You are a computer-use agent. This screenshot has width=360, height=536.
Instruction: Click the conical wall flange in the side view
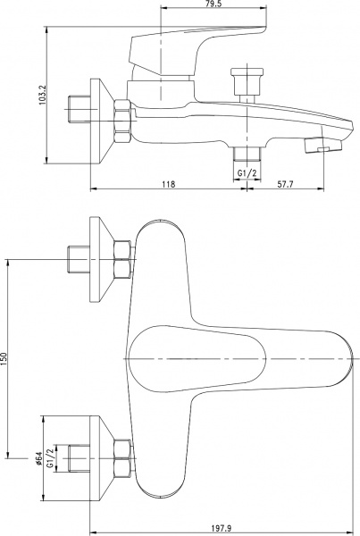click(x=100, y=116)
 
